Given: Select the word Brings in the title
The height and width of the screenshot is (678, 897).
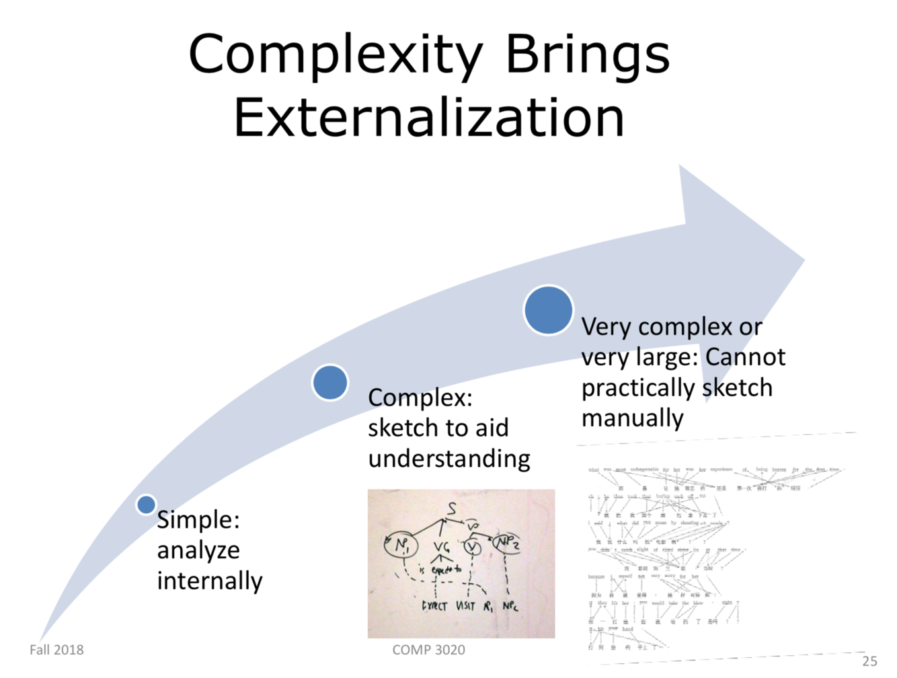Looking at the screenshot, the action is (586, 55).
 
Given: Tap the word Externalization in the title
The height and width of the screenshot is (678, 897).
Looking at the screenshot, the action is (429, 118).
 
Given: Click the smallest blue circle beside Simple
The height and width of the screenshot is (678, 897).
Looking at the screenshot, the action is (146, 504).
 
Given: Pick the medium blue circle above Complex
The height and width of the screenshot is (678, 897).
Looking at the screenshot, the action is (330, 382).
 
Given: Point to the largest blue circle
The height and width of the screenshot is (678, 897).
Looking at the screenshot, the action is (548, 310).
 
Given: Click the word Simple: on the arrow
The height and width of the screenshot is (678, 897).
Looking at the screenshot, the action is (198, 520).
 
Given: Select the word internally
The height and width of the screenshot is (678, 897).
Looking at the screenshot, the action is (210, 580).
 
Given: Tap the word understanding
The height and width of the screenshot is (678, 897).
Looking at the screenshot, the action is (449, 459).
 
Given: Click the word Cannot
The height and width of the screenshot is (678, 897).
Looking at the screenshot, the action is (745, 356).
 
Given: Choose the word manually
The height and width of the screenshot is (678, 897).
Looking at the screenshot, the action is (632, 418).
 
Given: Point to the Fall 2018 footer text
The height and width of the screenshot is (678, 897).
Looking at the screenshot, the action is (56, 650).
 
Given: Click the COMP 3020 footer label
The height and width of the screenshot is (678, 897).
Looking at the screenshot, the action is (428, 650).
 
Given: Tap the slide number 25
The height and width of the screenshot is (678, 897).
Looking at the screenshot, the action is (869, 661).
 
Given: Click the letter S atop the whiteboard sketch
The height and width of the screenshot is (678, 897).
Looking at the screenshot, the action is (452, 509).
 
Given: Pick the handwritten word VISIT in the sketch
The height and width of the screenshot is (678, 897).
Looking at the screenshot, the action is (465, 605).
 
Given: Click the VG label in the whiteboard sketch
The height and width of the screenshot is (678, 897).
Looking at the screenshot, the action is (441, 548).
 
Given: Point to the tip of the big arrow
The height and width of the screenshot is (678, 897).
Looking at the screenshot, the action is (804, 260).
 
